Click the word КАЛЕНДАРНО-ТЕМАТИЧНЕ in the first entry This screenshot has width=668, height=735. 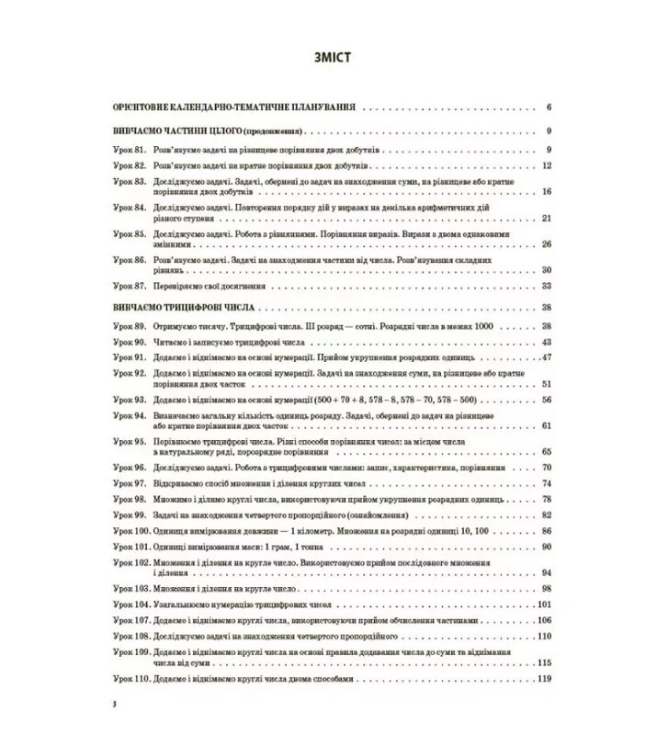pyautogui.click(x=233, y=106)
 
